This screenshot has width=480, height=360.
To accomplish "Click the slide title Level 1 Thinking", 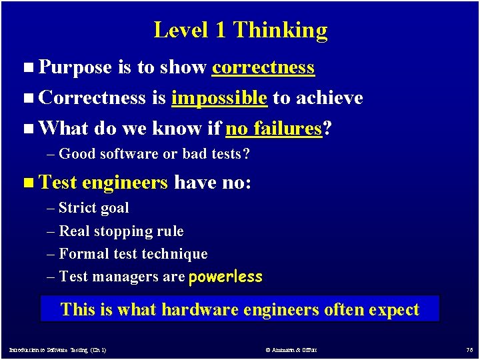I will pyautogui.click(x=240, y=30).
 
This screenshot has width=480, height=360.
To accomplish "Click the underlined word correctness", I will pyautogui.click(x=263, y=67).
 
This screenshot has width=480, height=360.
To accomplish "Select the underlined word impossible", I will pyautogui.click(x=219, y=98).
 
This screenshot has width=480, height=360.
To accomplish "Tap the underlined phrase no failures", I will pyautogui.click(x=274, y=128).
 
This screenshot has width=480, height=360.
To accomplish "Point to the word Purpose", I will pyautogui.click(x=75, y=67).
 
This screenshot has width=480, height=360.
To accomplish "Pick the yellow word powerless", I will pyautogui.click(x=225, y=277).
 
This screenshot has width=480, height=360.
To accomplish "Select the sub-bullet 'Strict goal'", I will pyautogui.click(x=94, y=208).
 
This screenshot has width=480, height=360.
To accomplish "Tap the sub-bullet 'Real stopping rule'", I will pyautogui.click(x=121, y=231).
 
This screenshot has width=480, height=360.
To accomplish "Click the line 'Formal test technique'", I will pyautogui.click(x=133, y=254).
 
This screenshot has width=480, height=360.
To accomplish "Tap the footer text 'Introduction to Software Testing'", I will pyautogui.click(x=57, y=349).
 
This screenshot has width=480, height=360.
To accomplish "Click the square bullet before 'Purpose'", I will pyautogui.click(x=26, y=68).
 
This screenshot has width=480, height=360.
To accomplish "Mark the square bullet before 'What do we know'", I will pyautogui.click(x=26, y=129).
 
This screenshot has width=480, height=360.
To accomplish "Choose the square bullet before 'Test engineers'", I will pyautogui.click(x=26, y=183).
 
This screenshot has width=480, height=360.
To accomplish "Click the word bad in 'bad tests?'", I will pyautogui.click(x=193, y=154).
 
